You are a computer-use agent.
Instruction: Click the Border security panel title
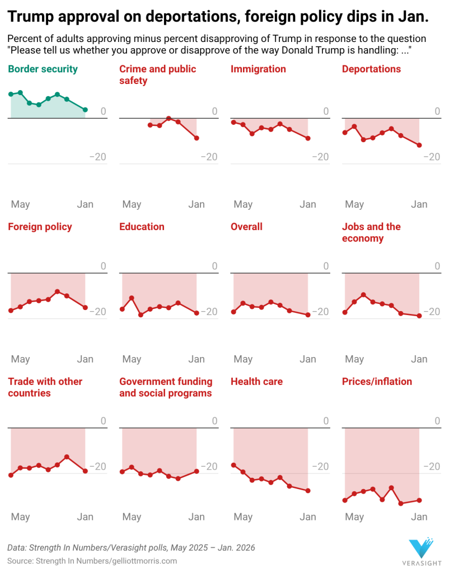tap(43, 69)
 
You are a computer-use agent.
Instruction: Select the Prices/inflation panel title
tap(377, 382)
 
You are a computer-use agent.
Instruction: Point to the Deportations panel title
tap(371, 69)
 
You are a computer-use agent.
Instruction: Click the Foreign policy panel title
tap(40, 227)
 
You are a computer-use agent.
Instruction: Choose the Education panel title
tap(142, 227)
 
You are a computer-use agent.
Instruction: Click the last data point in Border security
tap(85, 110)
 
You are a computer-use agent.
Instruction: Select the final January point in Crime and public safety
tap(197, 138)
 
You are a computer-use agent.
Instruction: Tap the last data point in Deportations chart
tap(419, 145)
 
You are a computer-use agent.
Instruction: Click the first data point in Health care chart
tap(233, 465)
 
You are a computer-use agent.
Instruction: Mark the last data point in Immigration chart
tap(308, 138)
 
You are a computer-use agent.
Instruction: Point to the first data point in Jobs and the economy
tap(345, 312)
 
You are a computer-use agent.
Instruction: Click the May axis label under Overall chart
tap(243, 359)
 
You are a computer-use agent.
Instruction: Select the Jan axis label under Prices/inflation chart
tap(419, 517)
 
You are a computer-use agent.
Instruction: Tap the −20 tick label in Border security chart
tap(97, 157)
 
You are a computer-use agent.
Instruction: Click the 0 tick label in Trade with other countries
tap(103, 421)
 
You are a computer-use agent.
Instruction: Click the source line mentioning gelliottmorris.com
tap(92, 561)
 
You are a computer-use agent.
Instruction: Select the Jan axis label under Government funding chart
tap(197, 517)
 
